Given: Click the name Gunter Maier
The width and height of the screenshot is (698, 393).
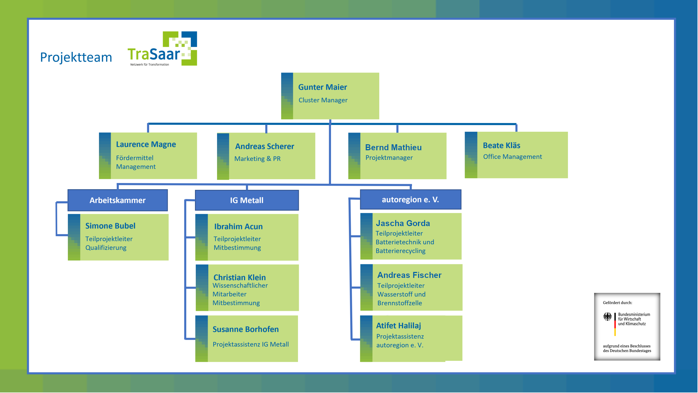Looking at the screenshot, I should (x=323, y=87).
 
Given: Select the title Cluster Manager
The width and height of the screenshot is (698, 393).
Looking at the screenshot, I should (x=323, y=100).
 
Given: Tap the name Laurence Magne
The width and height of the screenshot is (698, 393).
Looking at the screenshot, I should (x=146, y=144).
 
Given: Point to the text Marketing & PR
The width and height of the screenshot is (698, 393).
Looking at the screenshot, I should (x=257, y=159).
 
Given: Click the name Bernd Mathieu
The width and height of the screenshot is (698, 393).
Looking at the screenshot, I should (x=393, y=148).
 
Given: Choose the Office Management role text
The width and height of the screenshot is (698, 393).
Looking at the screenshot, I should (x=512, y=157).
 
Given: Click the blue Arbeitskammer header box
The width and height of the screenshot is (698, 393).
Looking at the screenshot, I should (x=118, y=200).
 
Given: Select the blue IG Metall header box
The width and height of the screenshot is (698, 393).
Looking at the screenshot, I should (x=247, y=200).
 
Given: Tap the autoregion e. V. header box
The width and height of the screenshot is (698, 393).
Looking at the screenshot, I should (x=410, y=200).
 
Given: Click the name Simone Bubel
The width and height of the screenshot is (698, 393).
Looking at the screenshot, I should (x=110, y=226).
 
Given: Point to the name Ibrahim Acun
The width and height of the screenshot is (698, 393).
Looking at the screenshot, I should (x=238, y=227).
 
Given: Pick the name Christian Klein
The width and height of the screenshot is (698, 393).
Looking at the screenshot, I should (x=239, y=277).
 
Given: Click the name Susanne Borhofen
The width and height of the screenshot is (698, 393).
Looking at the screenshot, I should (x=245, y=329).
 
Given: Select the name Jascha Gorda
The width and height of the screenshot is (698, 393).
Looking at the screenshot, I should (x=403, y=223).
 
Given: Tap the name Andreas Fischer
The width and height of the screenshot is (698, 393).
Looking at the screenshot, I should (x=409, y=275).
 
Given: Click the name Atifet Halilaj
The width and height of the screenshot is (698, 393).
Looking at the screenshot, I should (x=398, y=326).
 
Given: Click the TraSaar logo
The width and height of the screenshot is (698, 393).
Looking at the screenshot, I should (x=162, y=49).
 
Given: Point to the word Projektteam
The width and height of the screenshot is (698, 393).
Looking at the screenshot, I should (x=76, y=57).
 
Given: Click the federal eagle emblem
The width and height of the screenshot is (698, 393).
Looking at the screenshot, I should (x=607, y=317).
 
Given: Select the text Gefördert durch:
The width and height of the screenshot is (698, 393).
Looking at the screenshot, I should (x=617, y=303).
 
